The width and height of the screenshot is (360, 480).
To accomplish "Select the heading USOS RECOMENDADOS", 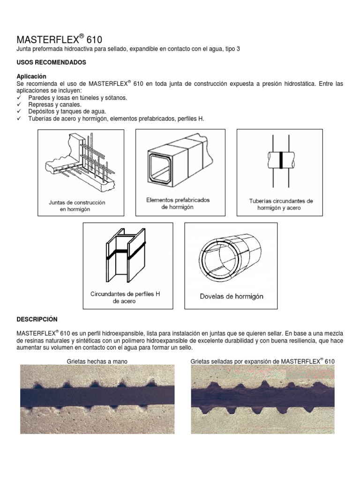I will (x=52, y=62).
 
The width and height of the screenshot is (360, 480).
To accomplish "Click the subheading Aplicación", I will (x=32, y=76).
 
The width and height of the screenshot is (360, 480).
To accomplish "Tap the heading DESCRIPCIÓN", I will (x=37, y=319).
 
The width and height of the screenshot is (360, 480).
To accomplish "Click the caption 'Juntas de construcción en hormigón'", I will (x=77, y=206).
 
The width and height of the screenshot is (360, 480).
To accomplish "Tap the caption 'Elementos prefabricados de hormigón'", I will (x=178, y=203).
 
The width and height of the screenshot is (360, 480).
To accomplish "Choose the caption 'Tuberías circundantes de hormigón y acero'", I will (x=281, y=204).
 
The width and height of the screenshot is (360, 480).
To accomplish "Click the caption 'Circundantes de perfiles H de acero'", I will (x=125, y=298).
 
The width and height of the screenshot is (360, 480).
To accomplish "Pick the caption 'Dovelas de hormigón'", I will (x=232, y=296).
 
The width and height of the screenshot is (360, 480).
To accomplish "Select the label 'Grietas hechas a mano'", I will (x=97, y=361).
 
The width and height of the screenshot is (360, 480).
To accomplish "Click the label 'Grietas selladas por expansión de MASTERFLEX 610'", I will (x=262, y=361).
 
